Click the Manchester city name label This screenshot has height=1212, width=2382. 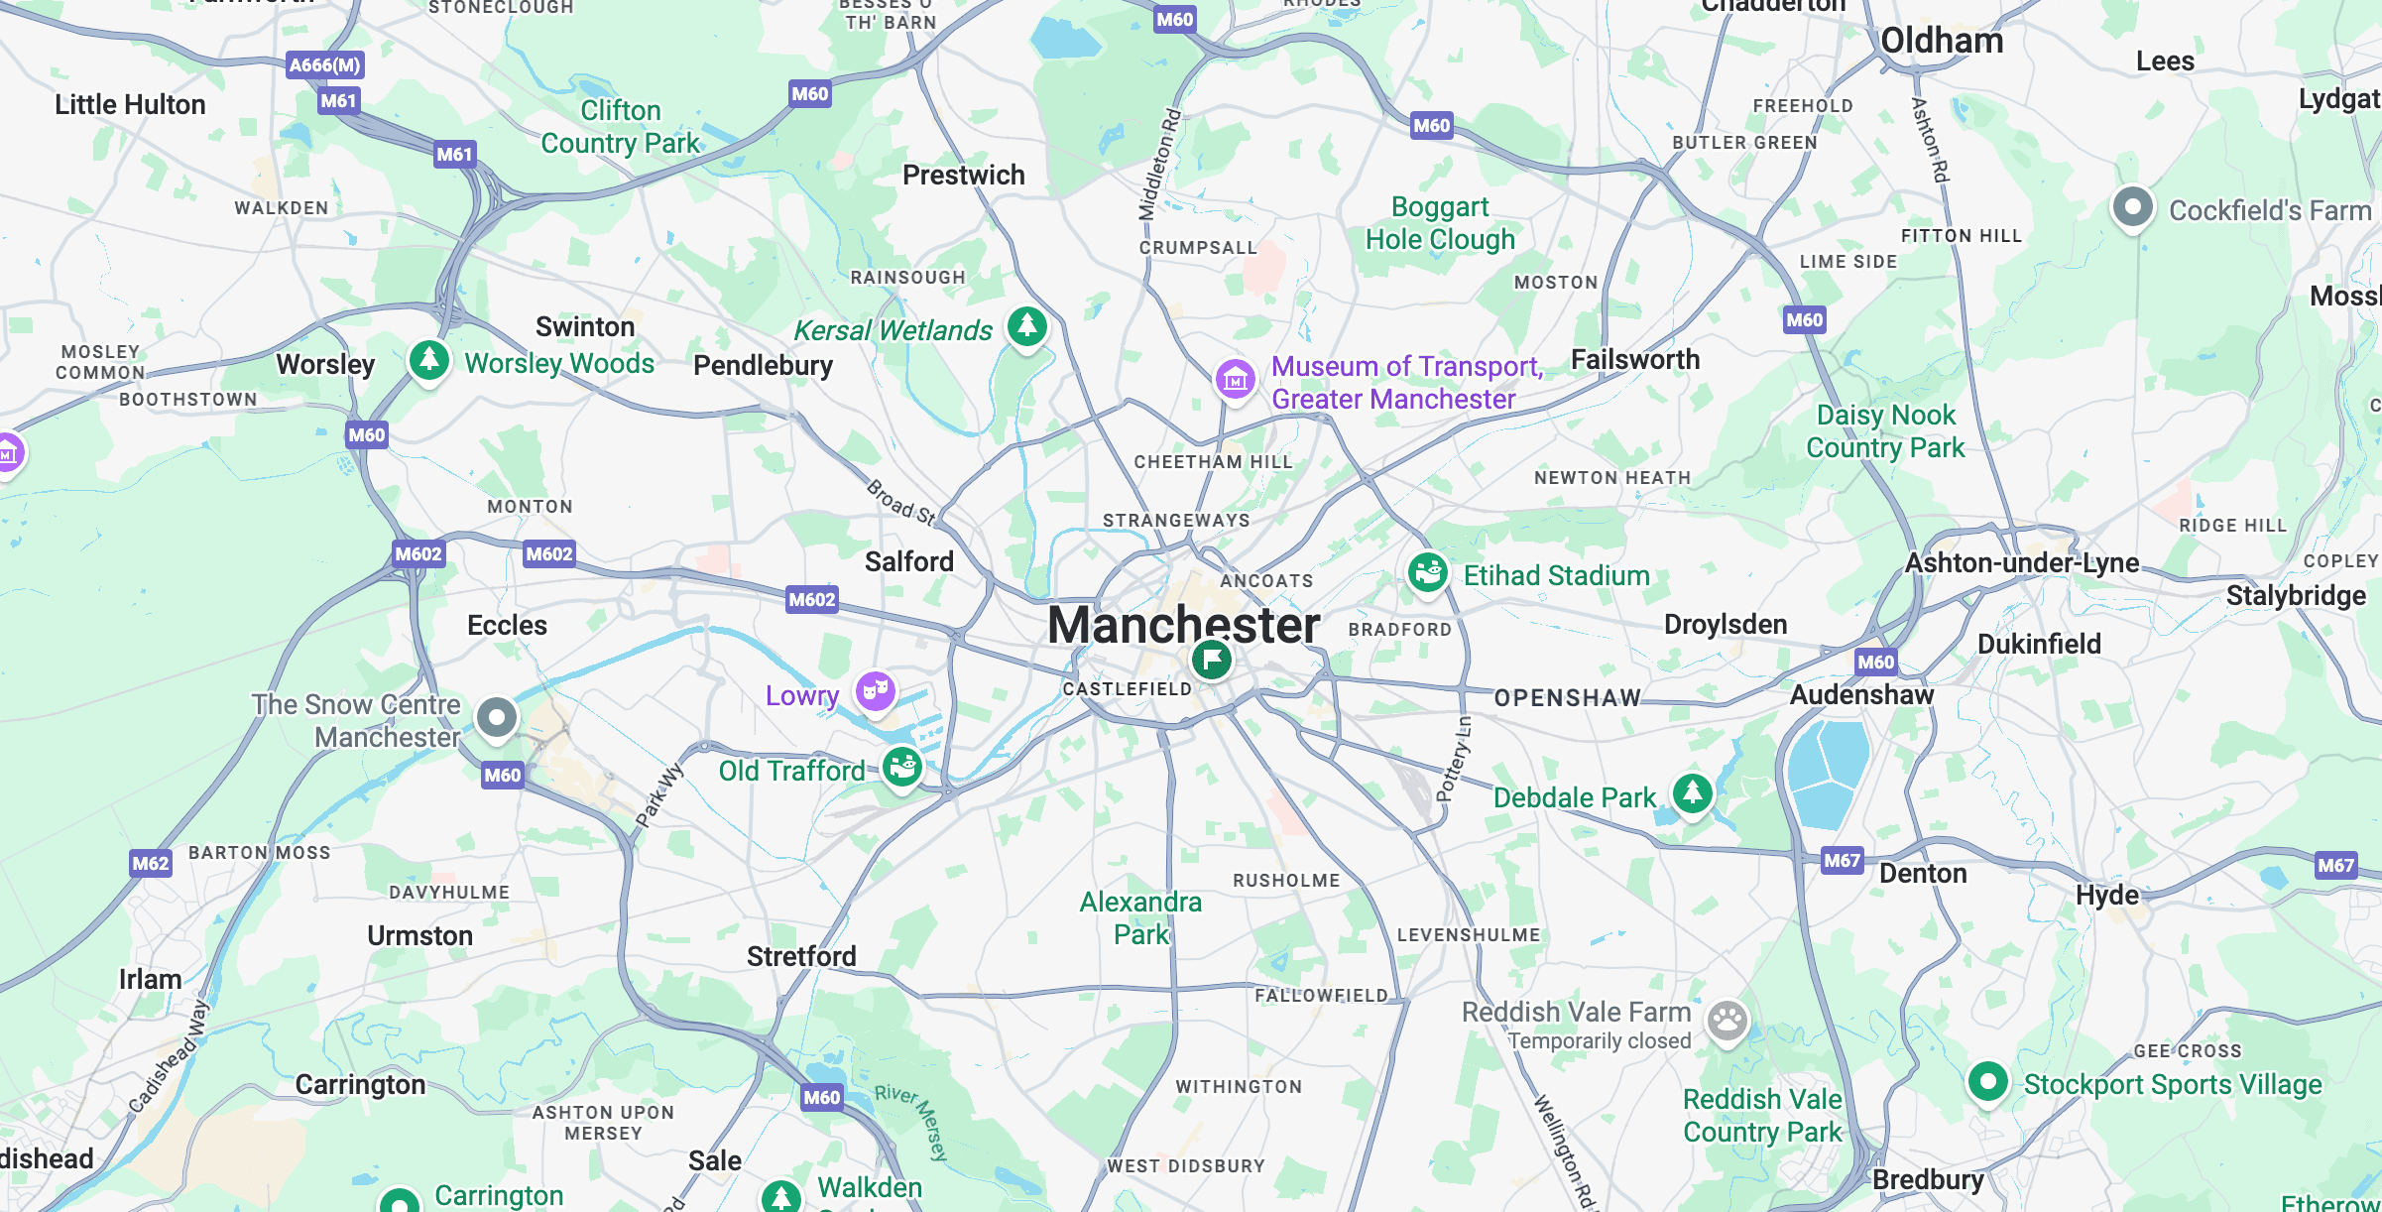(x=1183, y=625)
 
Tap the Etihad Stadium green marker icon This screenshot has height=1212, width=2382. (x=1428, y=572)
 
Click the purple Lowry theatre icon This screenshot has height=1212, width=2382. (x=876, y=690)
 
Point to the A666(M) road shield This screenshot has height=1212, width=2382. (x=325, y=65)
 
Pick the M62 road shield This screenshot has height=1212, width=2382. (x=151, y=863)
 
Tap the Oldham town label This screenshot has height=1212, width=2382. (x=1942, y=42)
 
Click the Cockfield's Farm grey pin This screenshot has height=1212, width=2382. (x=2132, y=207)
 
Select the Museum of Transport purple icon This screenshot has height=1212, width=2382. (x=1236, y=379)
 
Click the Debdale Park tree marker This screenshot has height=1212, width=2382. (x=1693, y=792)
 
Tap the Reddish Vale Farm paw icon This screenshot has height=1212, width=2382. (x=1727, y=1020)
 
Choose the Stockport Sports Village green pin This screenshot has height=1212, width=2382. (x=1987, y=1081)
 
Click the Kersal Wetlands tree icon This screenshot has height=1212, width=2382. (x=1027, y=325)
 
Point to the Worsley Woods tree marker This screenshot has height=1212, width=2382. (x=429, y=359)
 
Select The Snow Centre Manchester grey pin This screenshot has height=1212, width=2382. (x=497, y=716)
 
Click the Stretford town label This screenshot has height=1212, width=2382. (x=801, y=956)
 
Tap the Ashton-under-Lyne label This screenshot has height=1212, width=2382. (x=2021, y=563)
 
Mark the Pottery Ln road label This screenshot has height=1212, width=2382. (x=1455, y=759)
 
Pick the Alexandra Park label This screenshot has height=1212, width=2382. (x=1140, y=917)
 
